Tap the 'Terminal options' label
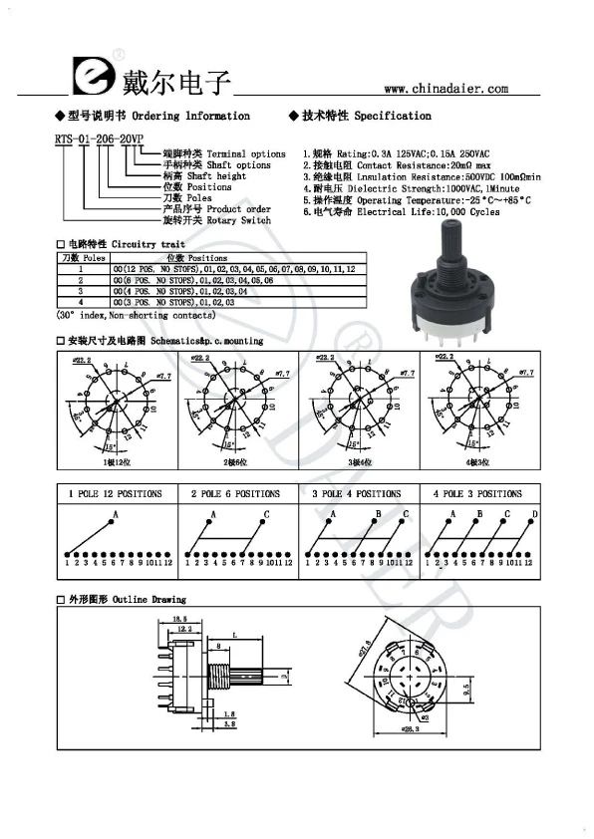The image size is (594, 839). pos(246,154)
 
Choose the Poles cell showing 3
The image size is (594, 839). pos(81,292)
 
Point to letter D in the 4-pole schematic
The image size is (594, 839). pos(534,514)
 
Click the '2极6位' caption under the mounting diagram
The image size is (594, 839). pos(234,463)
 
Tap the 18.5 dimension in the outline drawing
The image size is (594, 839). pos(179,620)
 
